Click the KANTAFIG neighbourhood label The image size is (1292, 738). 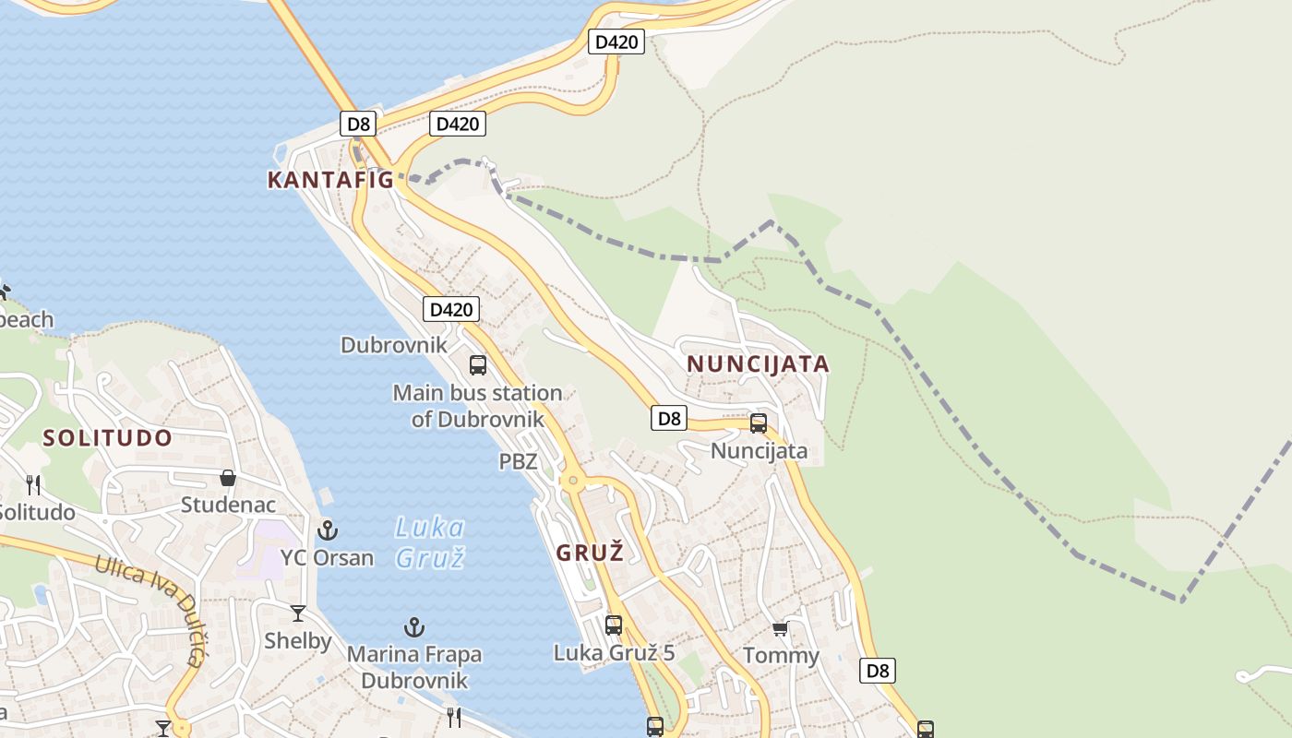click(330, 180)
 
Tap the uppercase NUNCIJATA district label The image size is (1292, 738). click(758, 364)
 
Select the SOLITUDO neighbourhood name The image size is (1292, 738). click(108, 438)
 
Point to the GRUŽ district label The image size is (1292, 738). click(590, 553)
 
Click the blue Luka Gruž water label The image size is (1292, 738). click(430, 542)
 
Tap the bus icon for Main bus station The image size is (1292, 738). click(477, 364)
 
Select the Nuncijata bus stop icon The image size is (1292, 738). click(759, 423)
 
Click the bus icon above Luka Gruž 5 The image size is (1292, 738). click(614, 625)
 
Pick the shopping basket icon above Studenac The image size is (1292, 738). click(228, 477)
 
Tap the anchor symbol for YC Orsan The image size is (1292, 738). click(328, 530)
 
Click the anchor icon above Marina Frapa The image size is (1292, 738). click(414, 627)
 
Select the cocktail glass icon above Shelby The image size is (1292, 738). click(298, 613)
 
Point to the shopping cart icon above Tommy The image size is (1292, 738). click(781, 628)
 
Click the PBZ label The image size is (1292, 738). click(518, 461)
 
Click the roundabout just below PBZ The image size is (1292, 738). click(573, 481)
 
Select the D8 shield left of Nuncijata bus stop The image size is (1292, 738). click(669, 418)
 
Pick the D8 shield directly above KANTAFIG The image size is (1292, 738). click(357, 124)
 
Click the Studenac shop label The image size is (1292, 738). click(228, 505)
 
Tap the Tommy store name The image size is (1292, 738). click(781, 656)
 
